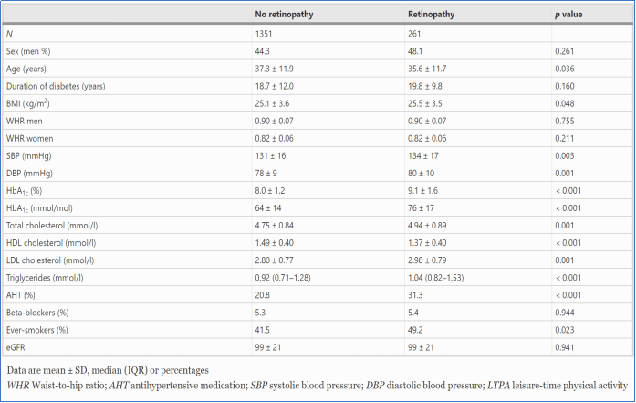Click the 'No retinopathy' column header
coord(284,15)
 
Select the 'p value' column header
coord(568,15)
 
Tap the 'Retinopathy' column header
coord(432,15)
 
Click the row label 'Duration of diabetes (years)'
coord(56,86)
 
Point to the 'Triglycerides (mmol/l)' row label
coord(45,278)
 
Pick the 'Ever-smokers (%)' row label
coord(36,330)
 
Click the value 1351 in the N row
coord(264,34)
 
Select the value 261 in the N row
coord(414,34)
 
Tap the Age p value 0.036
coord(565,69)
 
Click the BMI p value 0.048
coord(565,103)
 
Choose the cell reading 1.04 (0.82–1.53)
coord(435,278)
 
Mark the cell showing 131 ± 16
coord(270,156)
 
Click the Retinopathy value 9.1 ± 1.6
coord(423,190)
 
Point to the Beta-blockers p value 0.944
coord(565,313)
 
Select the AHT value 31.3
coord(415,295)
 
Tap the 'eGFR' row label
coord(16,348)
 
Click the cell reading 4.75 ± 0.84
coord(274,226)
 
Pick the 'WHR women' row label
coord(29,139)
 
